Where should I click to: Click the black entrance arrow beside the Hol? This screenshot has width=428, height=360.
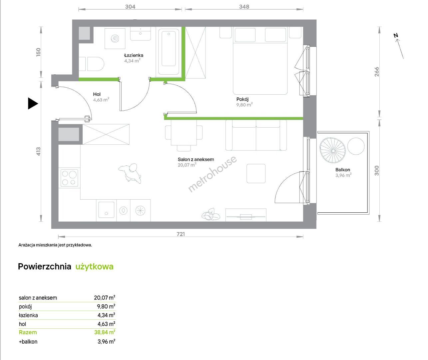[33, 103]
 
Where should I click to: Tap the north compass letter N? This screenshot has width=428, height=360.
[396, 35]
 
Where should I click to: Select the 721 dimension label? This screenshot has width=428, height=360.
[181, 234]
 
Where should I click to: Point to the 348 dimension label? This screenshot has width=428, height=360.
[244, 7]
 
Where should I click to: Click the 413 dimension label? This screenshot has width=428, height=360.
[38, 151]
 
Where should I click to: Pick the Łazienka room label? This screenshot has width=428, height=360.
[134, 55]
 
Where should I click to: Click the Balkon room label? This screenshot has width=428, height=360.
[343, 170]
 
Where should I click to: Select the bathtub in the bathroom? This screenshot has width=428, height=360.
[169, 51]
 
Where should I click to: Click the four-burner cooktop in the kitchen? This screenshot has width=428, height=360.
[69, 178]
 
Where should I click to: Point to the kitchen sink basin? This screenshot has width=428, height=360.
[106, 210]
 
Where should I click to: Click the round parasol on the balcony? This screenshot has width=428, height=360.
[333, 151]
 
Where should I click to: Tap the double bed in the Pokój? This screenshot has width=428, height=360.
[260, 61]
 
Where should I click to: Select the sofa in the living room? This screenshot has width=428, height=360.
[256, 135]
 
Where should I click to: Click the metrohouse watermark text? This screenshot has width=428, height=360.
[212, 174]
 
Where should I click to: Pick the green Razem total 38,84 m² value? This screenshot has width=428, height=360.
[105, 332]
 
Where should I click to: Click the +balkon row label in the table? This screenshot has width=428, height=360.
[28, 342]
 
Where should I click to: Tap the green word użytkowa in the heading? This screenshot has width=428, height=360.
[95, 266]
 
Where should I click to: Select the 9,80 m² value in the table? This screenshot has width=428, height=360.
[106, 306]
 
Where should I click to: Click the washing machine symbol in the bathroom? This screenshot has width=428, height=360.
[115, 39]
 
